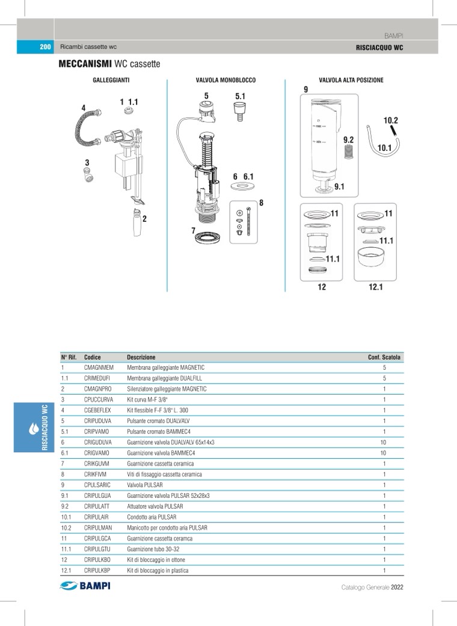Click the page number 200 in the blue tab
coord(44,47)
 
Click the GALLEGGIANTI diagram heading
coord(111,80)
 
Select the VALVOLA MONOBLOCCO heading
coord(225,80)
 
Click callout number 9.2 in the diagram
coord(349,140)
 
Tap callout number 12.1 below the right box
coord(375,287)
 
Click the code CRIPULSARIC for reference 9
coord(97,485)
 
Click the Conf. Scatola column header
coord(384,357)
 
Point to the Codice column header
coord(93,357)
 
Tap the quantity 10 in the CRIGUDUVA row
coord(383,442)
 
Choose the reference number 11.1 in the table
coord(66,549)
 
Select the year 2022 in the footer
coord(397,587)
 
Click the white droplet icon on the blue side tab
coord(34,428)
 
